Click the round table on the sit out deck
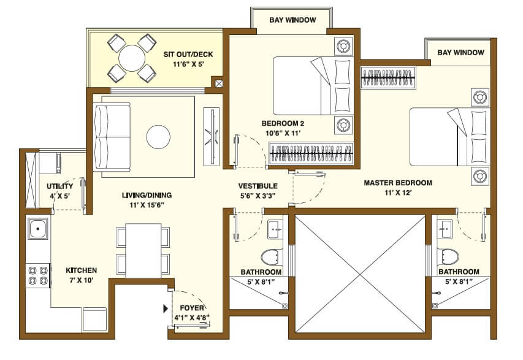pos(131,59)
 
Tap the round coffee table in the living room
pos(159,136)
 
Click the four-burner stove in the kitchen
pos(38,275)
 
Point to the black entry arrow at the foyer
pos(165,308)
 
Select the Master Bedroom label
pos(397,183)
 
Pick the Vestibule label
pos(258,186)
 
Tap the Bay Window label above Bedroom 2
pos(292,20)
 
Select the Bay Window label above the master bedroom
pos(460,53)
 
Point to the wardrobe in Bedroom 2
pos(311,153)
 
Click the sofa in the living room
pos(112,137)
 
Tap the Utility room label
pos(60,186)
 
